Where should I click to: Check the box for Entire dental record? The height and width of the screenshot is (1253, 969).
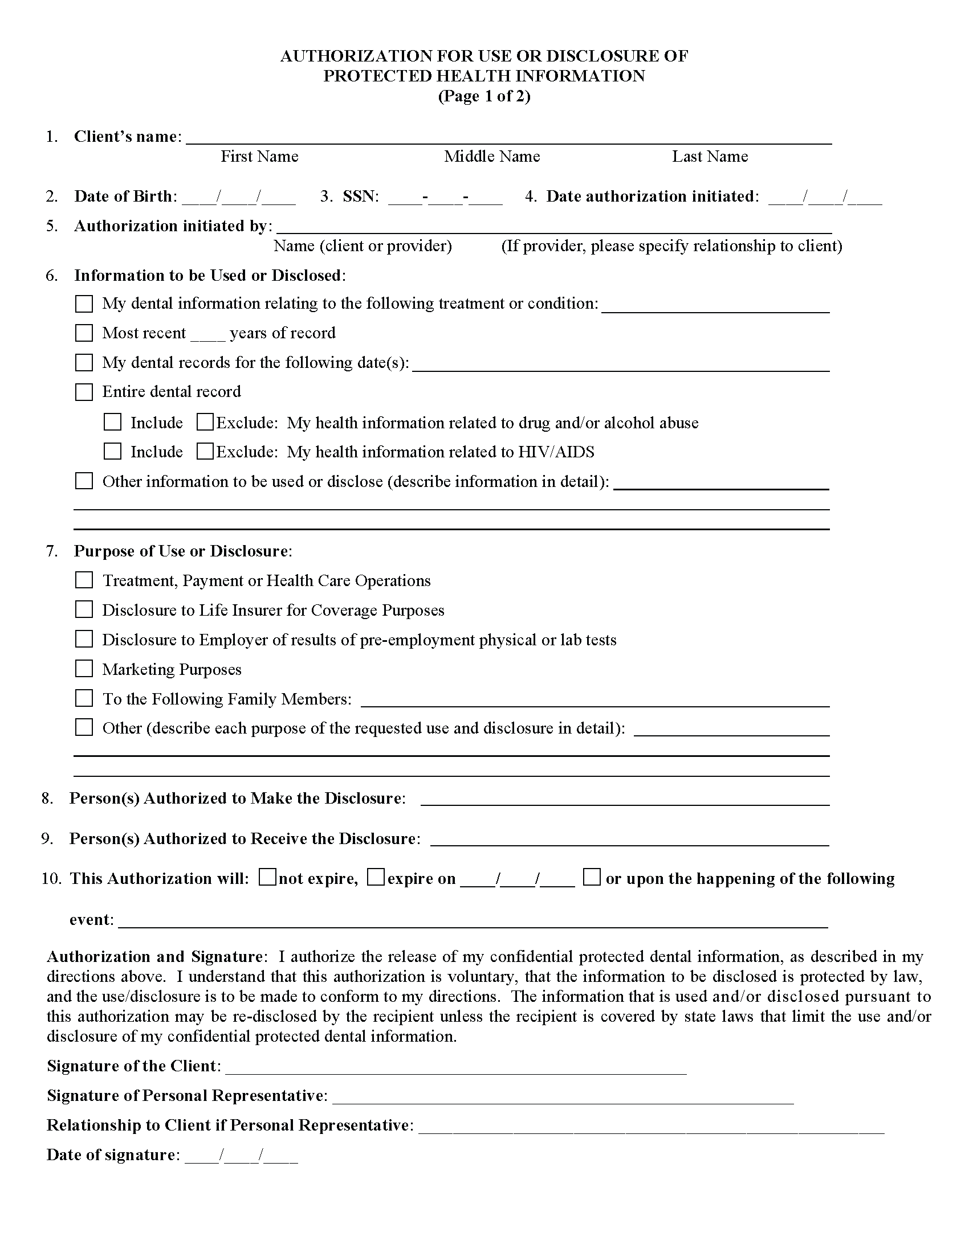click(x=84, y=392)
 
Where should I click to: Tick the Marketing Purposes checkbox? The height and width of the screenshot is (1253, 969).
click(x=84, y=669)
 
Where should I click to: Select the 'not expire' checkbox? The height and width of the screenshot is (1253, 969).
click(x=267, y=878)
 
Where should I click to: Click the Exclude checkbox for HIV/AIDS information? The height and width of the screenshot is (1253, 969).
click(x=205, y=452)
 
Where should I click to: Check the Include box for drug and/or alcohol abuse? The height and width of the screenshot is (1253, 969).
click(x=112, y=423)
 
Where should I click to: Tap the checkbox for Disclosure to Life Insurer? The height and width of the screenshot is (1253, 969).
click(x=84, y=610)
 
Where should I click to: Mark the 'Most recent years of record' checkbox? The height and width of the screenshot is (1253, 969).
click(x=84, y=333)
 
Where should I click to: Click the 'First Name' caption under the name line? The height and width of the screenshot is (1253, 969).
click(x=259, y=157)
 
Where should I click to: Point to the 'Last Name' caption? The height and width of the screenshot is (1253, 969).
click(x=710, y=157)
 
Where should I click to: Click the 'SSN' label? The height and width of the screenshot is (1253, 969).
click(x=360, y=196)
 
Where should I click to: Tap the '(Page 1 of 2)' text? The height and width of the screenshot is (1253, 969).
click(x=484, y=96)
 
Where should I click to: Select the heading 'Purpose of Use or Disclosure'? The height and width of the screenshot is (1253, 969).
click(x=181, y=551)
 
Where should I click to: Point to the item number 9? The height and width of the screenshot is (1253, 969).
click(x=47, y=839)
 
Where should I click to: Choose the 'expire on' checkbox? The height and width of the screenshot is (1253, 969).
click(x=376, y=878)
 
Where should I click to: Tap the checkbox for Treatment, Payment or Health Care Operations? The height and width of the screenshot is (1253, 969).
click(x=84, y=580)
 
